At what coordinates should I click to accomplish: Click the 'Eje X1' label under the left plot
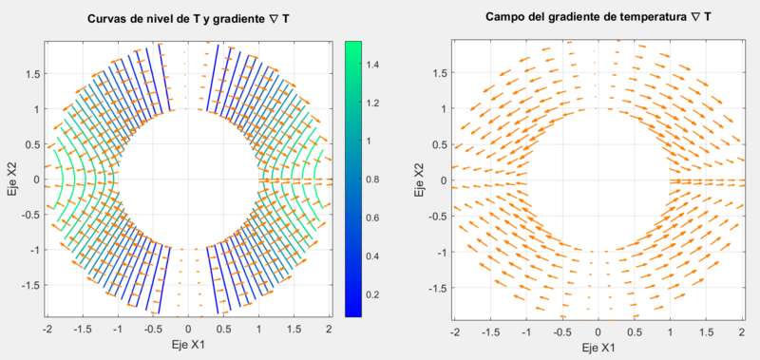click(188, 346)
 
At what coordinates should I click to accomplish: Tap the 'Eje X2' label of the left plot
click(10, 179)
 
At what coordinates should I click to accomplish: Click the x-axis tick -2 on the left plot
click(47, 329)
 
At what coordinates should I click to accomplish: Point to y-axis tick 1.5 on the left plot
click(31, 74)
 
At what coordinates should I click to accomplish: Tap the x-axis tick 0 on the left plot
click(188, 329)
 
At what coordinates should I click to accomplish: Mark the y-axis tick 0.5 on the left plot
click(31, 144)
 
